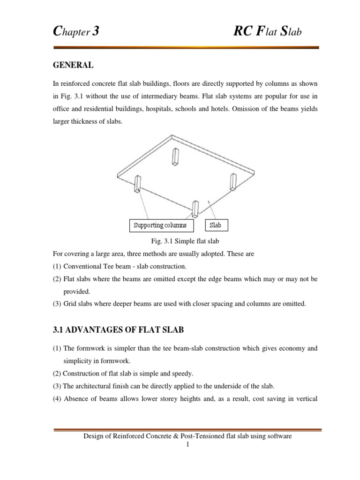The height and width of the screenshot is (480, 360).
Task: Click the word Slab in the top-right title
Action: click(295, 32)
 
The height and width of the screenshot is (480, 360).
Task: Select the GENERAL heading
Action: click(73, 66)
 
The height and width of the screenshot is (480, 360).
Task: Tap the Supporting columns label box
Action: click(160, 225)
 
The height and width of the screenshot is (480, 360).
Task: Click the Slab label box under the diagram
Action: click(216, 225)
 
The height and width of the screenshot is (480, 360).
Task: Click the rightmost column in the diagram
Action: click(232, 181)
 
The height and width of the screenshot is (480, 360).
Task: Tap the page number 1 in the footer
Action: click(187, 444)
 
